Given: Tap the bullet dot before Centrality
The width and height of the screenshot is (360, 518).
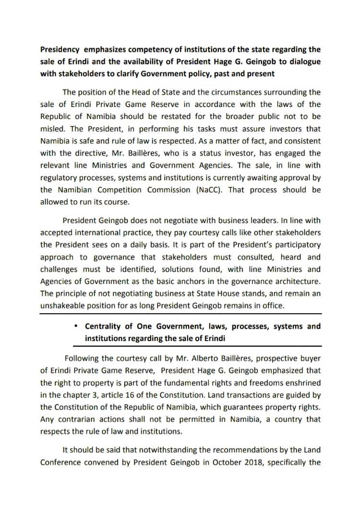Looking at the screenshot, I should click(76, 326).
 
